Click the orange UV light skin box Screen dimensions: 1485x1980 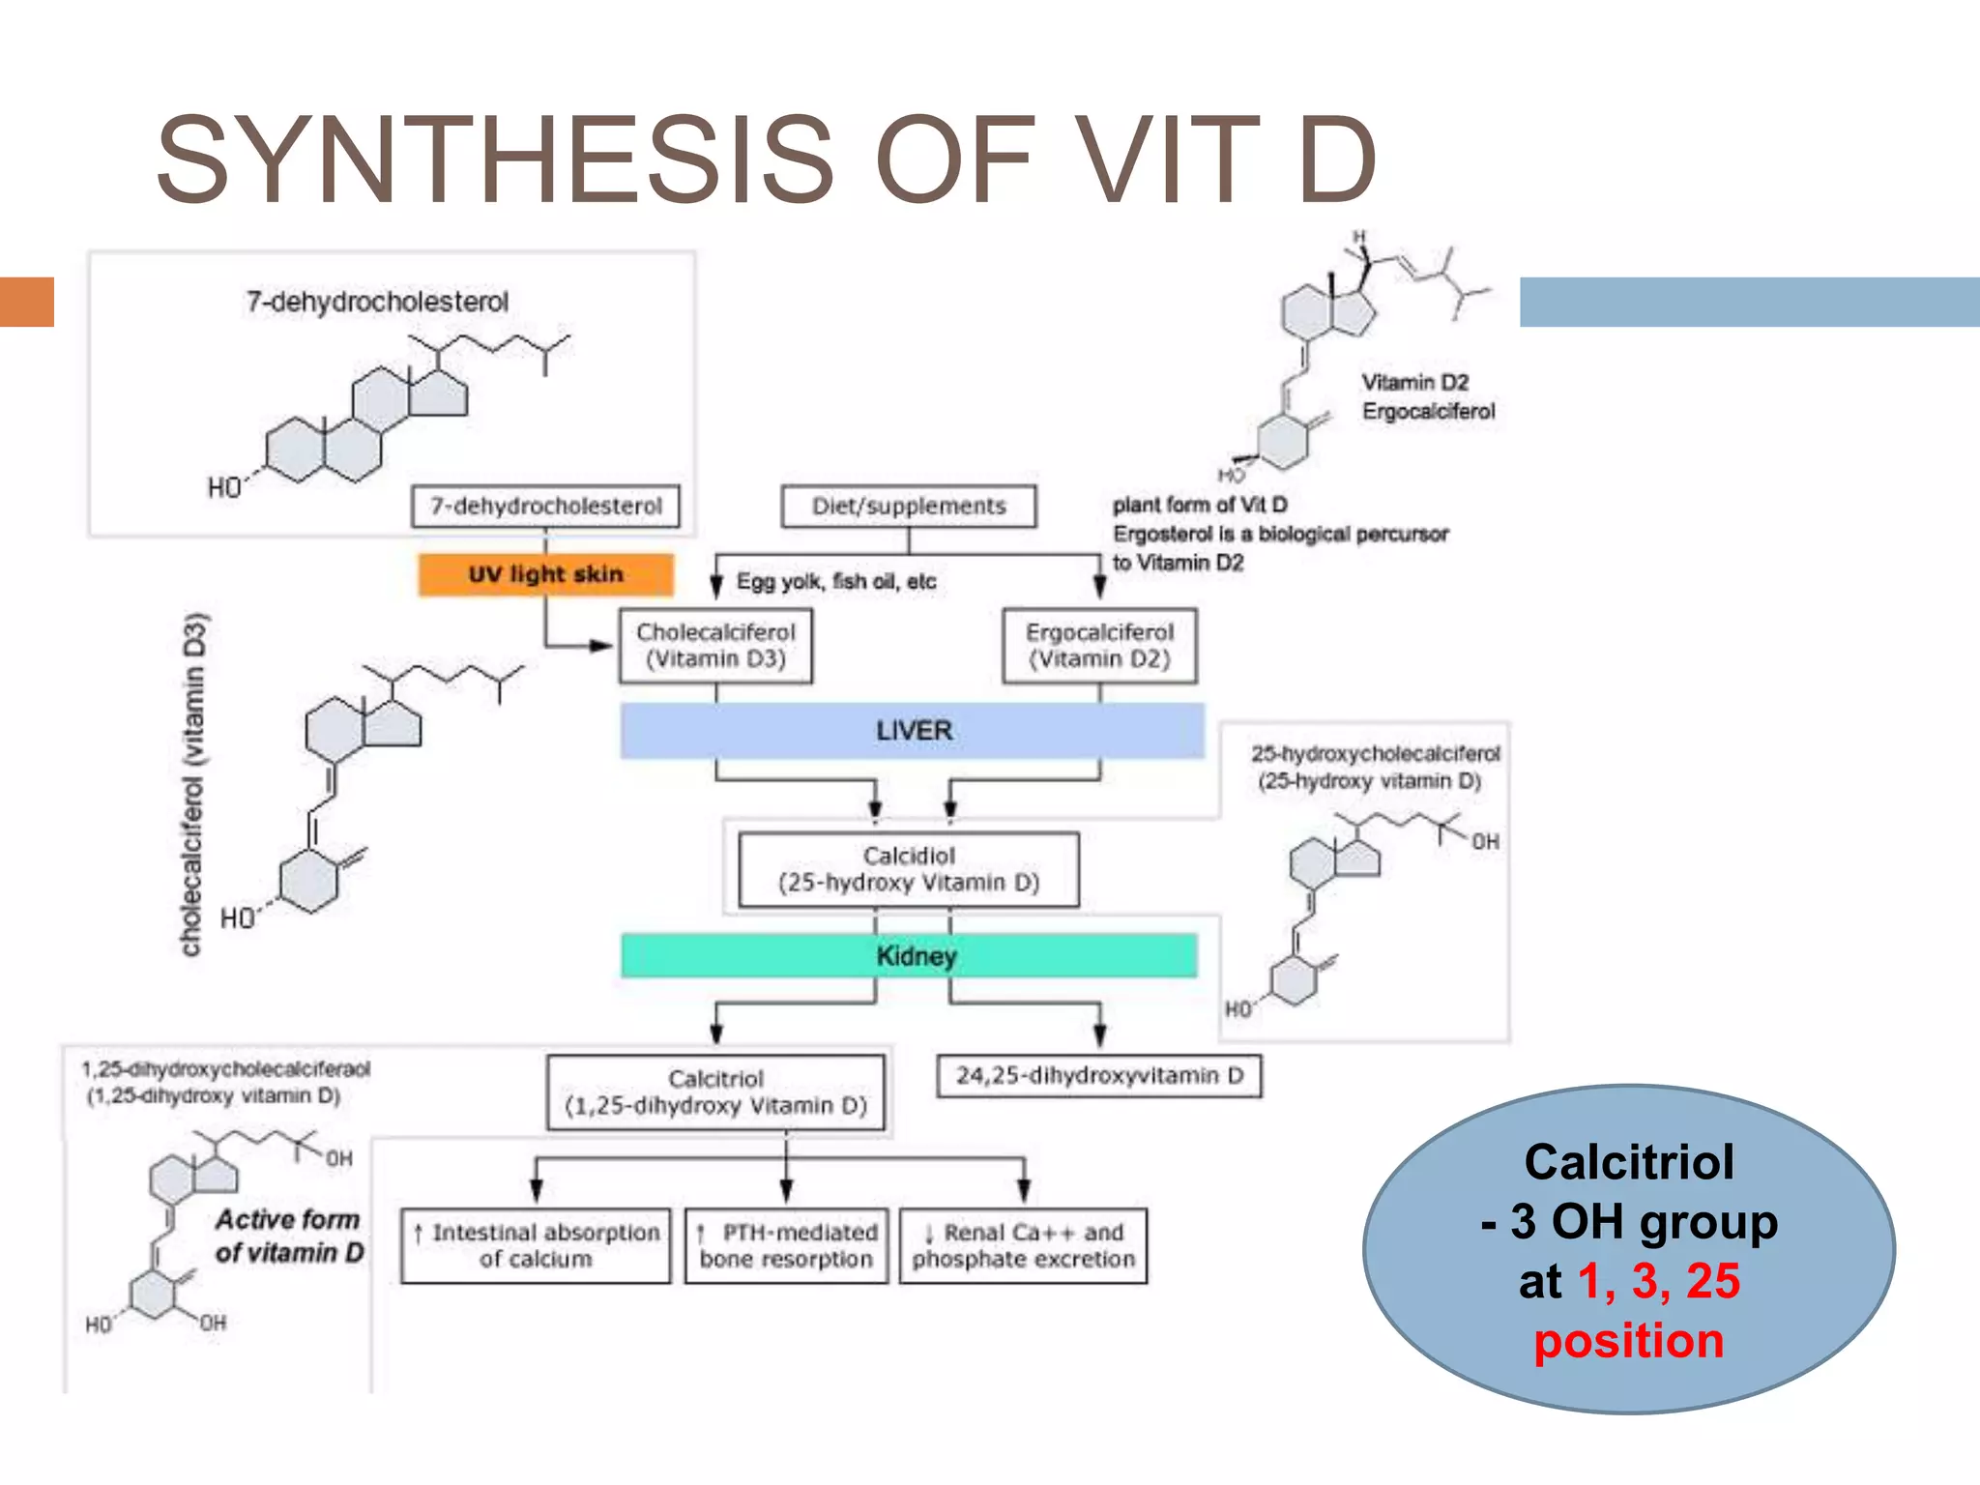545,574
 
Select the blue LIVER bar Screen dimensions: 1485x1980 913,731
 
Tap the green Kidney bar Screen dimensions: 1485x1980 910,956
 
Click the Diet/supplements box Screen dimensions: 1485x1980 909,507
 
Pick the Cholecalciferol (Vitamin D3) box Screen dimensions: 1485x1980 715,646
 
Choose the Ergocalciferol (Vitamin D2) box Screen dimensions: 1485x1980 1099,646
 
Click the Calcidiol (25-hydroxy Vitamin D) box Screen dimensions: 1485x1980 909,869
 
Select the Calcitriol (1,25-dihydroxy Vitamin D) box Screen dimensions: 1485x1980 715,1092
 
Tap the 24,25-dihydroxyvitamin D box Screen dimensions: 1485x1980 1099,1076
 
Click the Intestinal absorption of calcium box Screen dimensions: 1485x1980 536,1246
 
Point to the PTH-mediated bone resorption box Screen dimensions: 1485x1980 786,1246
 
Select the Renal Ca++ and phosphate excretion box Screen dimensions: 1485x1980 1023,1246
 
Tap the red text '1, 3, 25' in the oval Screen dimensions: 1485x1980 1658,1281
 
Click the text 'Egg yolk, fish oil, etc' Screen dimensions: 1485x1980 836,582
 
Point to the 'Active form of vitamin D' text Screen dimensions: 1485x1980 288,1237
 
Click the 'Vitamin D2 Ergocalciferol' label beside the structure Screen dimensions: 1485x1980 1428,397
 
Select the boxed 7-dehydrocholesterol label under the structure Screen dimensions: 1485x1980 545,507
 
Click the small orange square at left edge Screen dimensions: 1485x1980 26,302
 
